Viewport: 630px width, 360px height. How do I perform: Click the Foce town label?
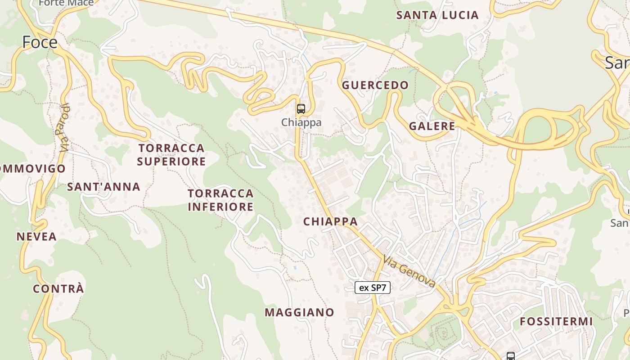point(40,42)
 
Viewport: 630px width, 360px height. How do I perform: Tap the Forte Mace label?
point(66,3)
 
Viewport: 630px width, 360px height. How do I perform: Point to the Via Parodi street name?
point(64,128)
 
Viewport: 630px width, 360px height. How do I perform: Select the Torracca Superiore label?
point(171,154)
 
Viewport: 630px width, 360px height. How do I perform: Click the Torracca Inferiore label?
point(220,200)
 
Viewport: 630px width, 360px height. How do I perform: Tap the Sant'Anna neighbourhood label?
point(103,186)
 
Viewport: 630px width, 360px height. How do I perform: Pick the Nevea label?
point(37,236)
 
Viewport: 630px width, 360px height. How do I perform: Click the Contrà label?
point(58,288)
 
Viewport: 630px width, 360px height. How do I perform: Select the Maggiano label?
point(300,312)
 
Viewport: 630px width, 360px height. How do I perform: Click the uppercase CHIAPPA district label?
point(331,221)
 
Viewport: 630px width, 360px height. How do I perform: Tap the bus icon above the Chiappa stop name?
point(301,109)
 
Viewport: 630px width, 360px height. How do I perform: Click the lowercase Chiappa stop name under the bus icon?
point(301,122)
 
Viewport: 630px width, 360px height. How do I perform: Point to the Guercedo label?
point(375,85)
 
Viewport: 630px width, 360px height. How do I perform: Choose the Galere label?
point(432,126)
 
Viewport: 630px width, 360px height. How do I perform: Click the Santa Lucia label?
point(437,15)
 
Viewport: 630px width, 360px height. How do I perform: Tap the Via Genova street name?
point(409,271)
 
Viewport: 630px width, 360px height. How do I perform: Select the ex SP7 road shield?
point(373,288)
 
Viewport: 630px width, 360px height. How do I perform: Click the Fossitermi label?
point(556,321)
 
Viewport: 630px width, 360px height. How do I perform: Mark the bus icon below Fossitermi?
point(510,356)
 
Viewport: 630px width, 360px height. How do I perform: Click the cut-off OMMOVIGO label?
point(33,169)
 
